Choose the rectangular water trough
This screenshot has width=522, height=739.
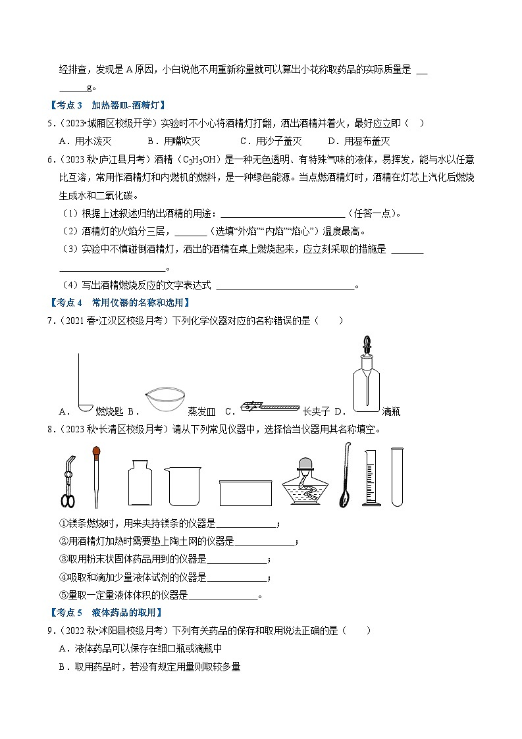[x=246, y=492]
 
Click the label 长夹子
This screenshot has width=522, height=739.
[x=315, y=412]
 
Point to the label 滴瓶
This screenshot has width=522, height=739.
[x=391, y=412]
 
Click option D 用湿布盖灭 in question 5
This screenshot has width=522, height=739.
[x=367, y=141]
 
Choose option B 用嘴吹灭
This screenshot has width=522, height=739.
[x=183, y=141]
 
